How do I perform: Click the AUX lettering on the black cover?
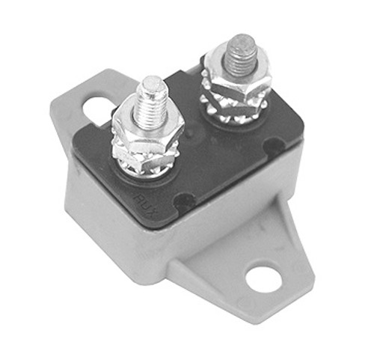click(143, 198)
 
